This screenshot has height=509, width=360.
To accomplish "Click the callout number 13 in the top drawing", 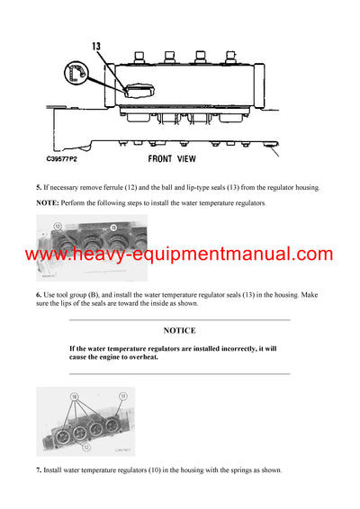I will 97,46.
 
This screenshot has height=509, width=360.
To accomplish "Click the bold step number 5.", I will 39,187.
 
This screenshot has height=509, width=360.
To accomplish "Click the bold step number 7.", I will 39,470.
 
